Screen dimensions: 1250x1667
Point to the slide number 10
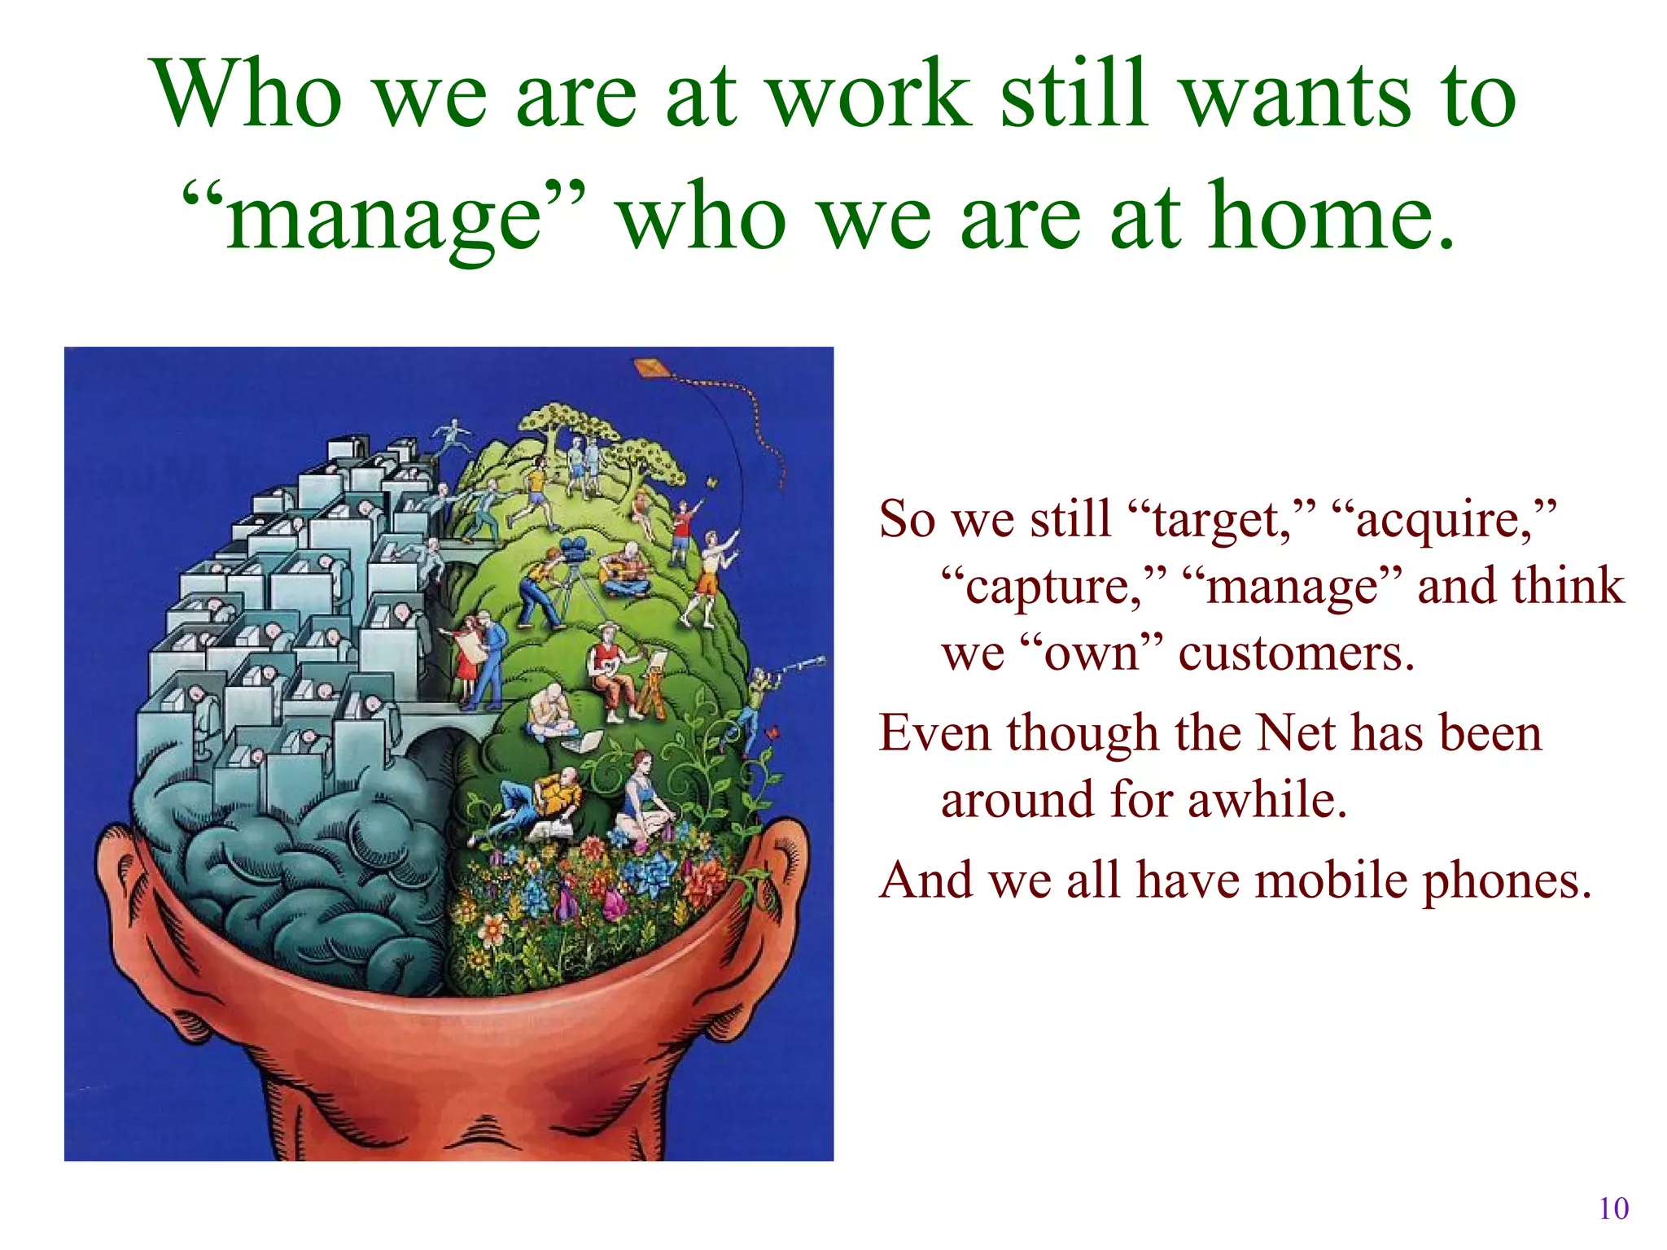pos(1613,1208)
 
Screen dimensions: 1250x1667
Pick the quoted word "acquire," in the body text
pos(1445,521)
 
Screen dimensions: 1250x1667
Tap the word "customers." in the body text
pos(1297,653)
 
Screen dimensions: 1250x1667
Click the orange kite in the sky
pos(651,369)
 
